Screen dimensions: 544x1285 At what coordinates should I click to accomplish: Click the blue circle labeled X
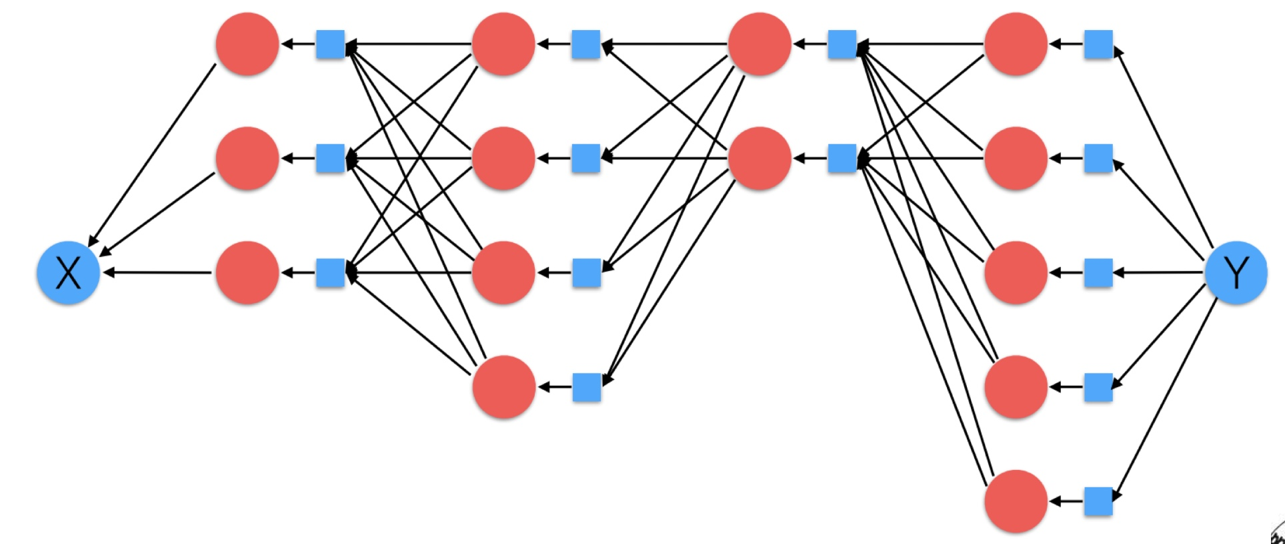point(68,273)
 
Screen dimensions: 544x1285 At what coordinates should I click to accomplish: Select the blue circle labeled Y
point(1236,273)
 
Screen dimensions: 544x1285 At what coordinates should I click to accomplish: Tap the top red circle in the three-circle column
point(247,44)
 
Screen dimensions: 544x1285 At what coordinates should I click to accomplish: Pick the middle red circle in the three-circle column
point(247,158)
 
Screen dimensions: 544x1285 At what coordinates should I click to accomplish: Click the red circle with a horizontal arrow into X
point(247,273)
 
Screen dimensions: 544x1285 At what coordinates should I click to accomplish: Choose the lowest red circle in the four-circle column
point(503,387)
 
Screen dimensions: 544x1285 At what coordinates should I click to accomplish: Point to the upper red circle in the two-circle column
point(760,44)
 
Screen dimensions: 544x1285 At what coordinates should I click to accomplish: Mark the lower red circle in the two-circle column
point(760,158)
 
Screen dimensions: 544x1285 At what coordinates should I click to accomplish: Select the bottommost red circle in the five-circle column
point(1016,501)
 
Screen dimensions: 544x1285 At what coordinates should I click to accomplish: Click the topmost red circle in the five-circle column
point(1016,44)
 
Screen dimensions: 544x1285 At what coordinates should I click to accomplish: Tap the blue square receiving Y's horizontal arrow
point(1098,273)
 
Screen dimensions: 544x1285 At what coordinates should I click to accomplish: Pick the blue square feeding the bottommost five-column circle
point(1098,501)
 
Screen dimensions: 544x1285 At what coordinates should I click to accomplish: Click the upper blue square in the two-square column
point(842,44)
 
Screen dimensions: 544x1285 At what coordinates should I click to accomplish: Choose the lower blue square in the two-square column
point(842,158)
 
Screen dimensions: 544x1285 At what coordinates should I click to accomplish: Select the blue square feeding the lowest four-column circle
point(587,387)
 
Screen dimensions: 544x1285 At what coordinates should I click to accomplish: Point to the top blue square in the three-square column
point(330,44)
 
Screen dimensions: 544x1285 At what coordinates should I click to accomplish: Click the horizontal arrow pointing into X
point(157,273)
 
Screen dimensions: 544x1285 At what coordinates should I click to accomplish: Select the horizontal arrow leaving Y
point(1158,272)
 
